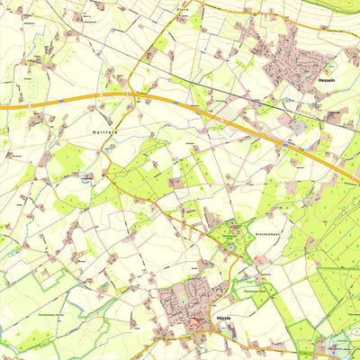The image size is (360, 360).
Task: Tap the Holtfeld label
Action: [x=105, y=131]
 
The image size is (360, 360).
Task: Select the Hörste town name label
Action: [x=223, y=319]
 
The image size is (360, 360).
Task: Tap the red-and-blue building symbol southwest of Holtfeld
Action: [x=87, y=177]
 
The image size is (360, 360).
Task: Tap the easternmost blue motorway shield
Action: [x=285, y=143]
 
